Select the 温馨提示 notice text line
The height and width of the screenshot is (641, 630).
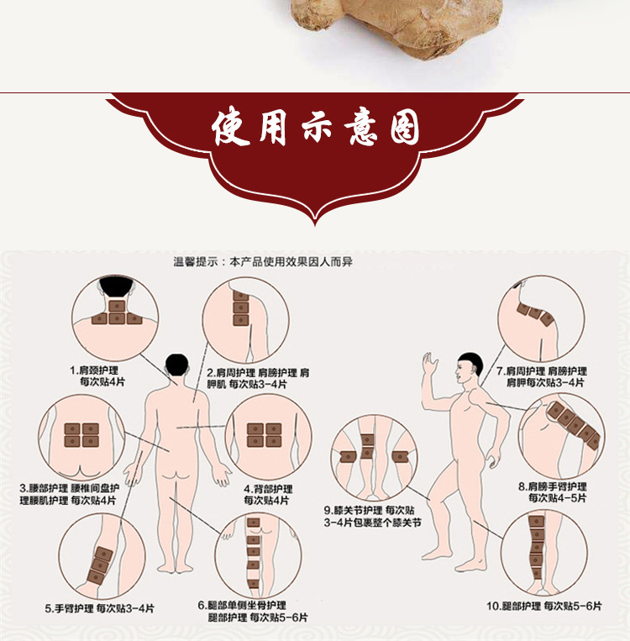coord(263,262)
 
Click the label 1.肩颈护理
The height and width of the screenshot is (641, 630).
coord(93,376)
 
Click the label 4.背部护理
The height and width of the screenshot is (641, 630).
coord(268,494)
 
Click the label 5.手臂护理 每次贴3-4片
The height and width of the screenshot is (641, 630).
coord(99,607)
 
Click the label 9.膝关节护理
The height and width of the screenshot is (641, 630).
coord(374,516)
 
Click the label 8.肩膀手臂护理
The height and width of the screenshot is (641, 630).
coord(552,492)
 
